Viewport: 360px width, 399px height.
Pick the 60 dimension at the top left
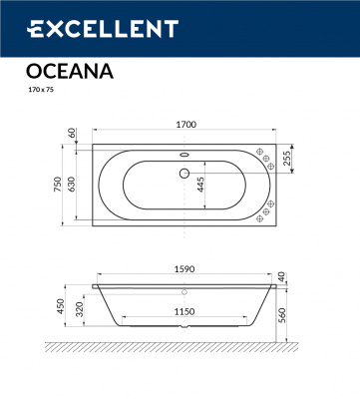tap(72, 133)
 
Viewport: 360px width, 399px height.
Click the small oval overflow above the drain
tap(182, 155)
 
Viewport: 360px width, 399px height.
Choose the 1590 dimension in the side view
tap(184, 270)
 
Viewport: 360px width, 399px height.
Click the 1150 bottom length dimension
tap(180, 311)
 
